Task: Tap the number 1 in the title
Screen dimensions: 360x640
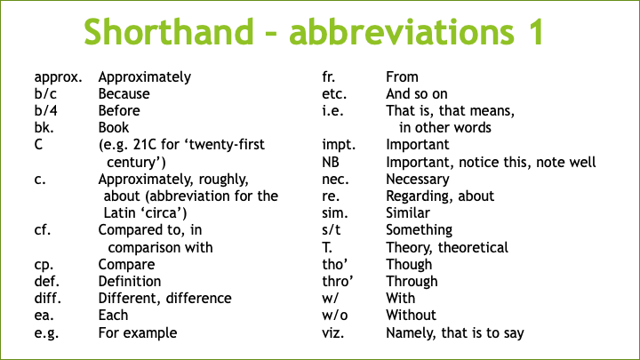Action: (x=532, y=33)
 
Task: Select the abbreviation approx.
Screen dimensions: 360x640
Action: (x=59, y=77)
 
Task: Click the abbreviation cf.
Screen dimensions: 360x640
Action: (x=43, y=230)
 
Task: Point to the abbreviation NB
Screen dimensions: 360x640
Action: (x=331, y=163)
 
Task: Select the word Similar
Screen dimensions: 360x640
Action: (x=408, y=213)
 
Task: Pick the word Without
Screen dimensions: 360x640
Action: (x=412, y=316)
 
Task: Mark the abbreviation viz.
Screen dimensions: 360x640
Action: (x=332, y=333)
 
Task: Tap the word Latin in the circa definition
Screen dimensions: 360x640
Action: (x=122, y=213)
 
